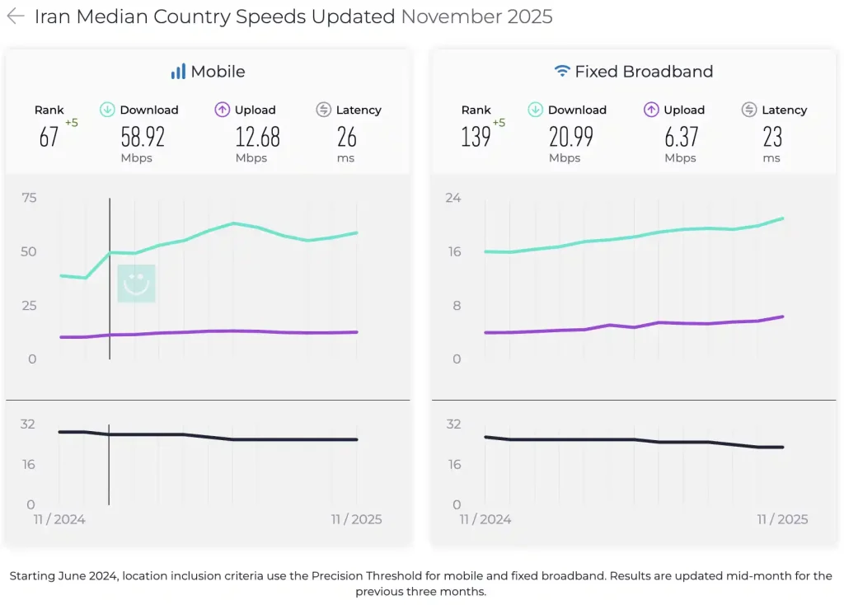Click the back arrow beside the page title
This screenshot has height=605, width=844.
[x=16, y=16]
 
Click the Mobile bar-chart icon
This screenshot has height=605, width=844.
[x=178, y=72]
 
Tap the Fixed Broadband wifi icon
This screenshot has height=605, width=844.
[x=562, y=72]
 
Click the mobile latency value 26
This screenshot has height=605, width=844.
[x=346, y=137]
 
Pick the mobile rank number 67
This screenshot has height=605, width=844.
[x=49, y=137]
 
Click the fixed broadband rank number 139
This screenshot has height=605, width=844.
[x=476, y=137]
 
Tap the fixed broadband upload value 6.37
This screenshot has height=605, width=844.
[x=681, y=137]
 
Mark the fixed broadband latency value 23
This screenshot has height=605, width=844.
[x=771, y=137]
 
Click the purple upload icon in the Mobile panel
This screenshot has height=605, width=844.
[x=223, y=110]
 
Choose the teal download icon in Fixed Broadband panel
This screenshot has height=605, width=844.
[x=535, y=110]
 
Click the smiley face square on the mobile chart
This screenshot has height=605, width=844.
[x=136, y=284]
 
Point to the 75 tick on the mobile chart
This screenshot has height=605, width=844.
[x=30, y=198]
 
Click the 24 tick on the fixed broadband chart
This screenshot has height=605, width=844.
[x=453, y=198]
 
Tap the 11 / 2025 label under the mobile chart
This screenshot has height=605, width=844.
[x=357, y=519]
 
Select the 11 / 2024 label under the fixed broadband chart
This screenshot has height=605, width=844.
[x=485, y=519]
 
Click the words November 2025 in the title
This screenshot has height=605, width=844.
[x=476, y=16]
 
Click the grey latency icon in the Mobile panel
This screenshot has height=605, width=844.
[x=323, y=110]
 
